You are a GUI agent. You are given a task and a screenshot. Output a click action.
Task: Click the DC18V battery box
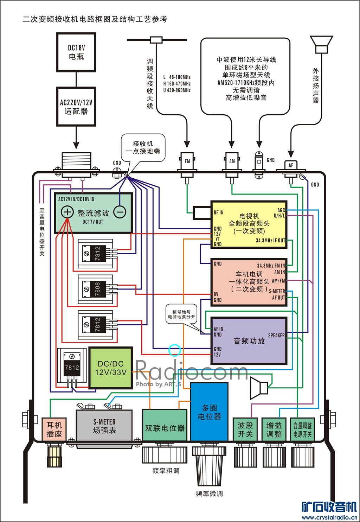[76, 52]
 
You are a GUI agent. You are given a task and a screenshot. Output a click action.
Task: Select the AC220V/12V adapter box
[76, 107]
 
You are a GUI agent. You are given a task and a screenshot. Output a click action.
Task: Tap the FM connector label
[187, 161]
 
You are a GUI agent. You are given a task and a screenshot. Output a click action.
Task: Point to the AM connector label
[232, 161]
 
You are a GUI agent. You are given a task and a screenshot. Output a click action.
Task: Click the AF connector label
[291, 165]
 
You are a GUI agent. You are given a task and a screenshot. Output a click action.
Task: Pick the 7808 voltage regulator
[97, 289]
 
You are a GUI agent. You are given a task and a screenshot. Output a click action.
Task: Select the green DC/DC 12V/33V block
[111, 368]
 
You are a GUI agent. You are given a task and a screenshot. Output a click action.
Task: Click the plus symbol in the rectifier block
[67, 212]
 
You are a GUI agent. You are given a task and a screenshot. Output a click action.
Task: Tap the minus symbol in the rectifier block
[120, 212]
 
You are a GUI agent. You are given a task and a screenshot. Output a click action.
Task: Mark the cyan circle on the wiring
[175, 350]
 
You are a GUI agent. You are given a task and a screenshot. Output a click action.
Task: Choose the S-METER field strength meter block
[104, 426]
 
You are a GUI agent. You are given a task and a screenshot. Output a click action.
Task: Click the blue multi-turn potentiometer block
[209, 412]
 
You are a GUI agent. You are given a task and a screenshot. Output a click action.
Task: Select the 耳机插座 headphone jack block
[54, 429]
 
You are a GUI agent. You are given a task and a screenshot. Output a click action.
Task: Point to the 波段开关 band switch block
[245, 429]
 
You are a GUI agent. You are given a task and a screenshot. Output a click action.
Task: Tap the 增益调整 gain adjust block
[274, 429]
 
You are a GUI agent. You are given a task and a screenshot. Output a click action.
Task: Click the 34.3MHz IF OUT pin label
[270, 241]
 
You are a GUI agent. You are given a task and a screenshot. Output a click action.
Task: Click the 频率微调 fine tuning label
[209, 494]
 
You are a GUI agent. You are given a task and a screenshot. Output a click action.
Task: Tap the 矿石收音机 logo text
[329, 507]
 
